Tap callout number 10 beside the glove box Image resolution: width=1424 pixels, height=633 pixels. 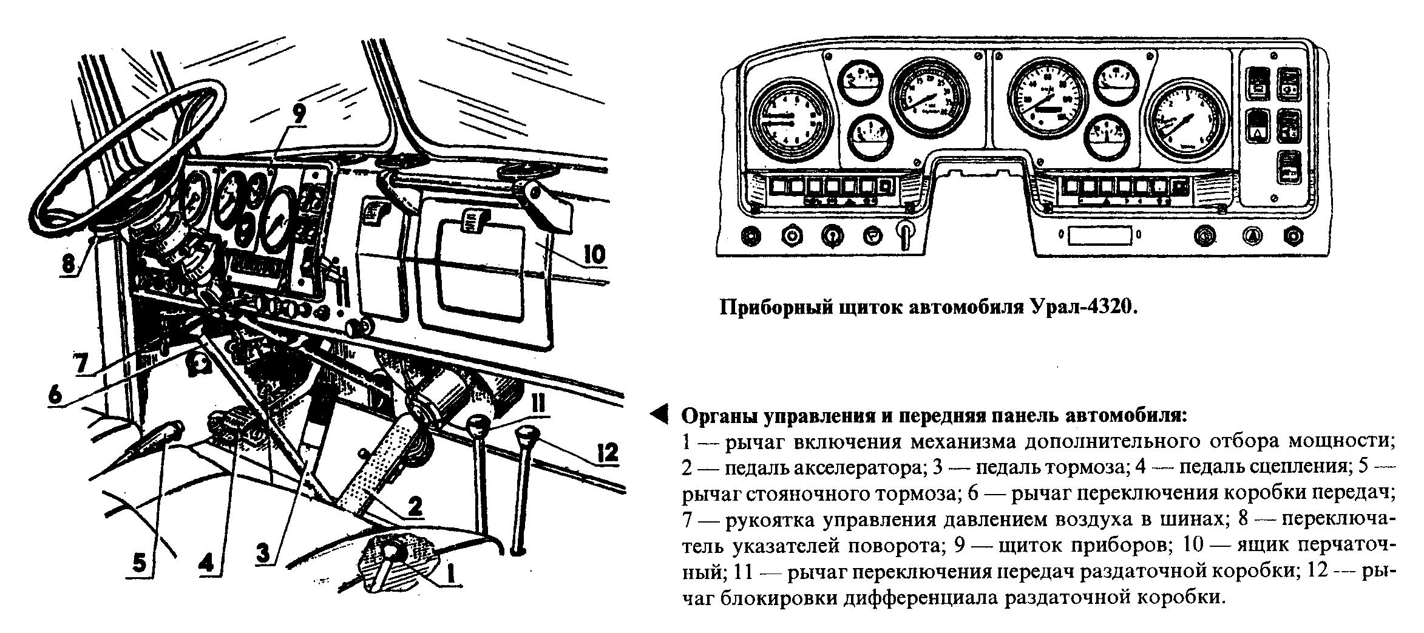(594, 254)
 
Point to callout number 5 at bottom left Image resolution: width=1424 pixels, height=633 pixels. (139, 563)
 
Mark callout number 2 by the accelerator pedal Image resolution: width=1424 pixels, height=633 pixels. (415, 506)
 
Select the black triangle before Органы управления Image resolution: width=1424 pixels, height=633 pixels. (658, 415)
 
